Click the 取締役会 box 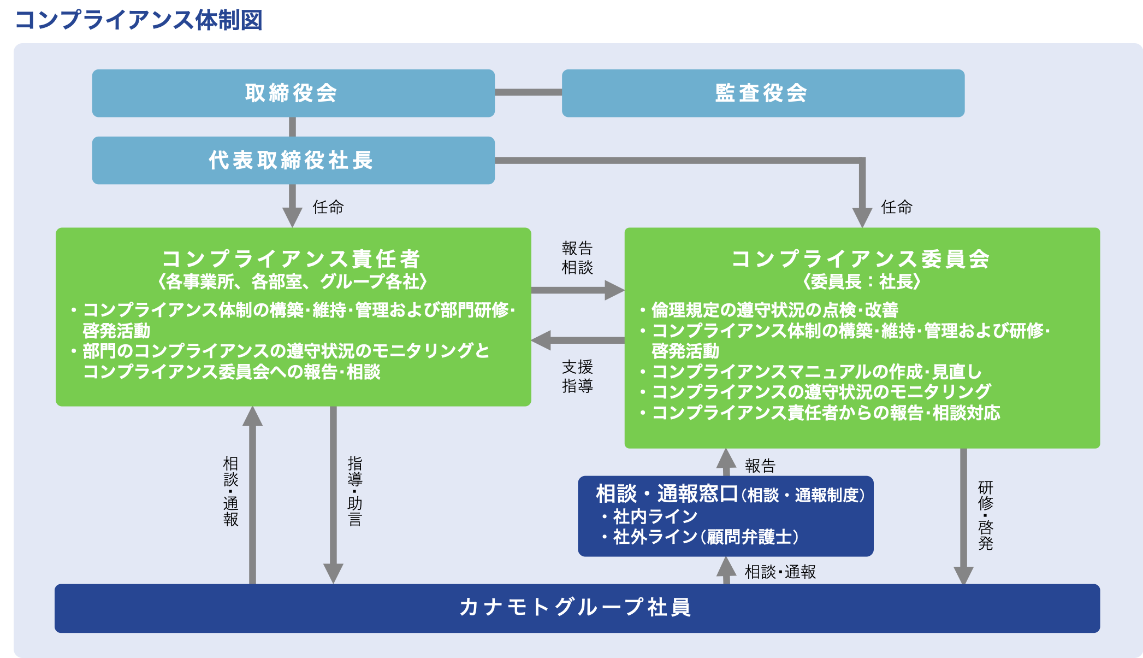click(293, 93)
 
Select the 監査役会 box click(762, 93)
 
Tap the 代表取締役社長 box click(293, 160)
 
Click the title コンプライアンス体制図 click(139, 20)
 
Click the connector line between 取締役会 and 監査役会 click(528, 92)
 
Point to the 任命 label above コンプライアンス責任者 click(328, 207)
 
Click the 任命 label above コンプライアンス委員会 click(896, 207)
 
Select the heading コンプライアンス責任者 click(292, 258)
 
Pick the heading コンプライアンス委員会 click(861, 258)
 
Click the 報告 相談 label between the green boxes click(577, 257)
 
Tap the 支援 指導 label click(577, 376)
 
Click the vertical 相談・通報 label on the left click(230, 491)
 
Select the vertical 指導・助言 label click(355, 491)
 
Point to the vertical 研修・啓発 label click(985, 515)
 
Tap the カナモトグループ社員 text click(576, 607)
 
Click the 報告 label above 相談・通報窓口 click(760, 466)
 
